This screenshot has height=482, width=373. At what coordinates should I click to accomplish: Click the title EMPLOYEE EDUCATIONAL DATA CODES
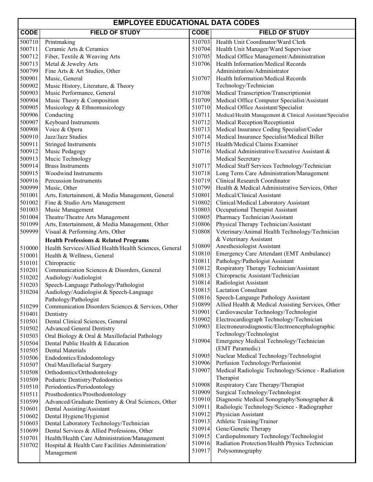[x=186, y=23]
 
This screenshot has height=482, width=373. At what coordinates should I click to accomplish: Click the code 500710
[x=29, y=42]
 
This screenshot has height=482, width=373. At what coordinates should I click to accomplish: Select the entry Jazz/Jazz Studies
[x=66, y=137]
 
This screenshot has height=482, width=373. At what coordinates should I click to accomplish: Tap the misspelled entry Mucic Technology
[x=68, y=159]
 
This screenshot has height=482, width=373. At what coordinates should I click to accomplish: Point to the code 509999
[x=29, y=232]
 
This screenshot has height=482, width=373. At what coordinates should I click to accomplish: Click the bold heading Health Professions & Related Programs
[x=97, y=240]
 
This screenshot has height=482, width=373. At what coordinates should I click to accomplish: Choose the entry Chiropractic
[x=60, y=263]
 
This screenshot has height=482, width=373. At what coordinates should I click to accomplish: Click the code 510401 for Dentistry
[x=29, y=314]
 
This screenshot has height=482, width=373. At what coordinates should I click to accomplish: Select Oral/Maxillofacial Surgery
[x=78, y=365]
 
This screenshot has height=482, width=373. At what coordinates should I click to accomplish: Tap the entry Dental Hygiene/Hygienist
[x=77, y=416]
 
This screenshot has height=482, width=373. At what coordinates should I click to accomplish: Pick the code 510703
[x=201, y=42]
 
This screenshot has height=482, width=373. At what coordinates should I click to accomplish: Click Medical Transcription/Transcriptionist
[x=263, y=93]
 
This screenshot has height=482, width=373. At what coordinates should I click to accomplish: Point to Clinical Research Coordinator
[x=253, y=181]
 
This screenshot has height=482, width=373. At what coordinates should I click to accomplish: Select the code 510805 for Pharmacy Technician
[x=201, y=217]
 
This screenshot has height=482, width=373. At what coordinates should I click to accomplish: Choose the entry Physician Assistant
[x=240, y=414]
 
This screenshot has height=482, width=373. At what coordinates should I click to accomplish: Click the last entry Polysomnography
[x=240, y=451]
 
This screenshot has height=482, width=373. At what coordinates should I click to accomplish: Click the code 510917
[x=201, y=451]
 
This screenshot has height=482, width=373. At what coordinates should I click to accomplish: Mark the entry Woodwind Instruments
[x=73, y=173]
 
